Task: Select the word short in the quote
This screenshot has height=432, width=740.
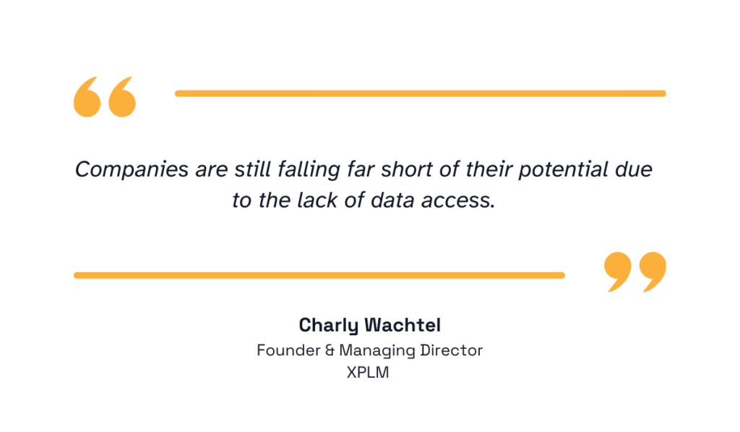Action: click(x=405, y=170)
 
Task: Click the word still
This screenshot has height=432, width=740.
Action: click(x=252, y=170)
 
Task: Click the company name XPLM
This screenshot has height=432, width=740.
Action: click(x=370, y=374)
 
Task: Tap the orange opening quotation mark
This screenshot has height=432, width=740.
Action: click(x=105, y=96)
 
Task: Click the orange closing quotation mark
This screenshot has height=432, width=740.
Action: click(x=635, y=271)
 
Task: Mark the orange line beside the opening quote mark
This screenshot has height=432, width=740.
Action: click(x=420, y=93)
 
